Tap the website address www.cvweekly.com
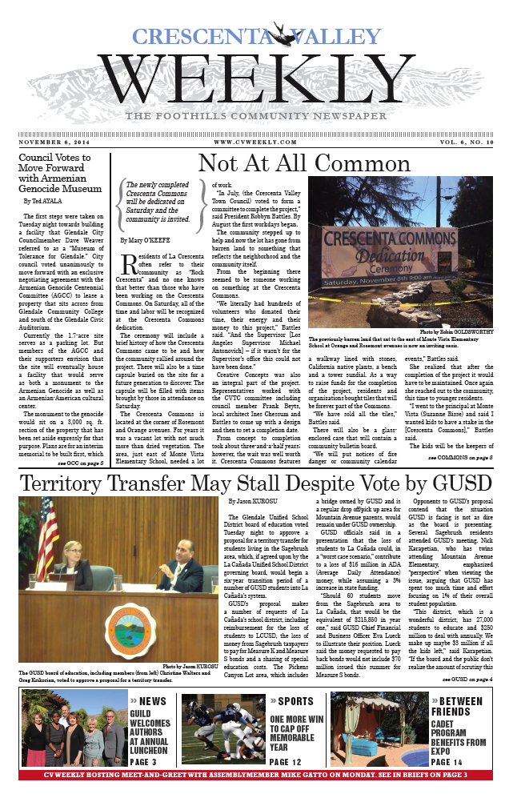pyautogui.click(x=255, y=142)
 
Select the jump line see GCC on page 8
pyautogui.click(x=80, y=463)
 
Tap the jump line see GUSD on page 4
pyautogui.click(x=467, y=678)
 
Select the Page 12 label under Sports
pyautogui.click(x=287, y=763)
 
